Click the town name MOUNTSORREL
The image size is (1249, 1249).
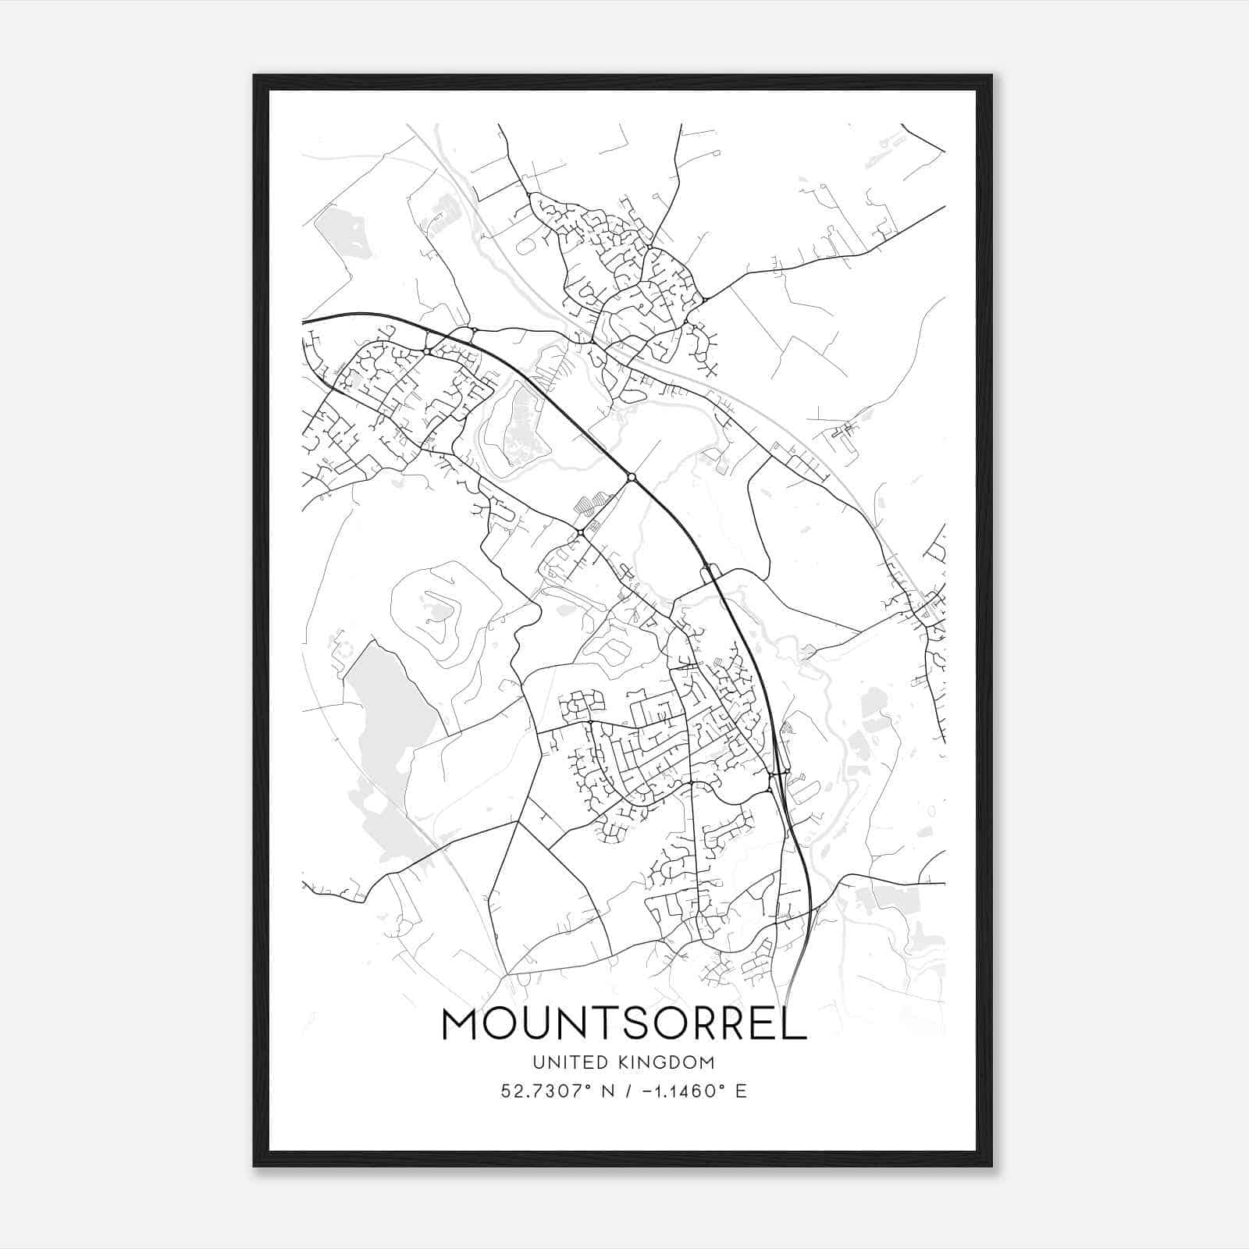coord(624,1024)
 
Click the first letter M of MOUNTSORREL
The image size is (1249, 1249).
coord(460,1024)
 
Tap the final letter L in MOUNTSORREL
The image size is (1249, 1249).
coord(795,1024)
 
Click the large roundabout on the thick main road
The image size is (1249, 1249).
coord(631,477)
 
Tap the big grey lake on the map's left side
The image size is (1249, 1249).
coord(386,710)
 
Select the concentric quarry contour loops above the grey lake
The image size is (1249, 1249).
coord(441,609)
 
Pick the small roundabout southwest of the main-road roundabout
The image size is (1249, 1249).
coord(581,532)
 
